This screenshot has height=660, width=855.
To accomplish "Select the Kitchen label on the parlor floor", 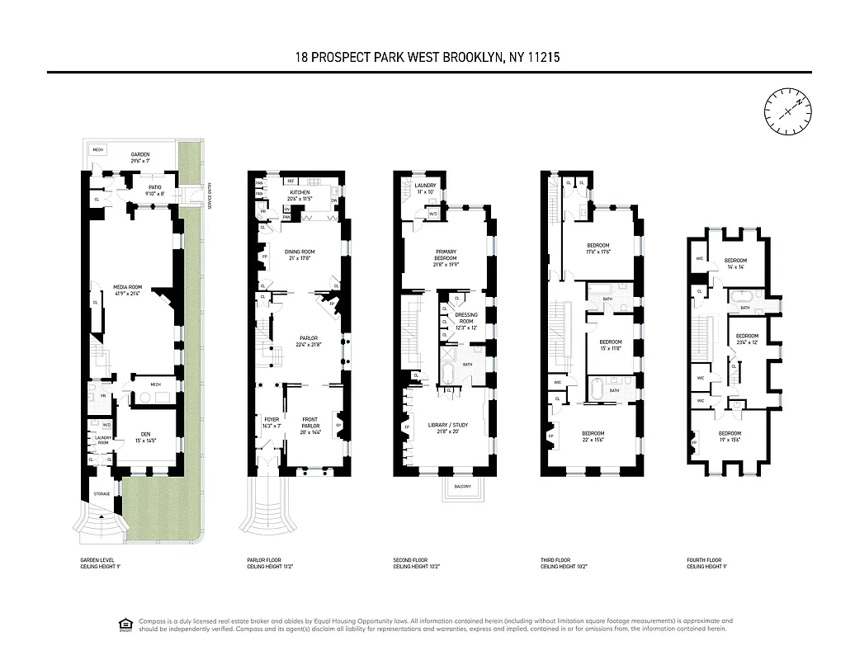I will coord(300,193).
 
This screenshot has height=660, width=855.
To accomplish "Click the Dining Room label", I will coord(300,252).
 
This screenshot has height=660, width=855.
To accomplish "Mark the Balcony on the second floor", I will coord(462,487).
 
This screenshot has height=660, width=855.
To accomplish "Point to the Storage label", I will coord(102,494).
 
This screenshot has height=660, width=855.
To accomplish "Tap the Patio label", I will coord(154,187).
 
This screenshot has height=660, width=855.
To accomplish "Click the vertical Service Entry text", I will coord(210,195).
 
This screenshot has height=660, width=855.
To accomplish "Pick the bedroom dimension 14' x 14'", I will coord(735,267).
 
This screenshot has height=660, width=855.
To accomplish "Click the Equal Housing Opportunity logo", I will coord(125,625).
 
